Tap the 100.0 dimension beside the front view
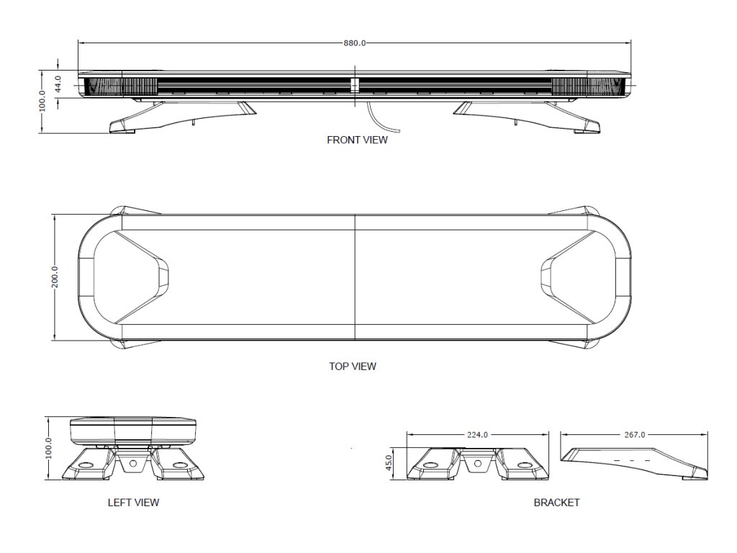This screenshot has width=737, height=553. click(x=42, y=101)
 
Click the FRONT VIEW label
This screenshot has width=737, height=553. click(x=357, y=140)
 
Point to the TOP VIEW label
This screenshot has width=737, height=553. click(x=353, y=367)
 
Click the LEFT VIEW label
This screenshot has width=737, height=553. click(x=133, y=503)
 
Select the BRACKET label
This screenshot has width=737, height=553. click(x=556, y=503)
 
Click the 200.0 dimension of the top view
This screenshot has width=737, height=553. click(x=55, y=277)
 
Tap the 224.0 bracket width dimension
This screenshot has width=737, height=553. click(x=477, y=435)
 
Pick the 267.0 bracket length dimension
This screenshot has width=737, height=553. click(x=632, y=435)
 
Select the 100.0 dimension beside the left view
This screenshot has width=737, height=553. click(x=49, y=448)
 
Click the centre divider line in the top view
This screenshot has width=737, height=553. click(x=355, y=277)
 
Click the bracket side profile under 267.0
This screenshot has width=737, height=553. click(x=633, y=462)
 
